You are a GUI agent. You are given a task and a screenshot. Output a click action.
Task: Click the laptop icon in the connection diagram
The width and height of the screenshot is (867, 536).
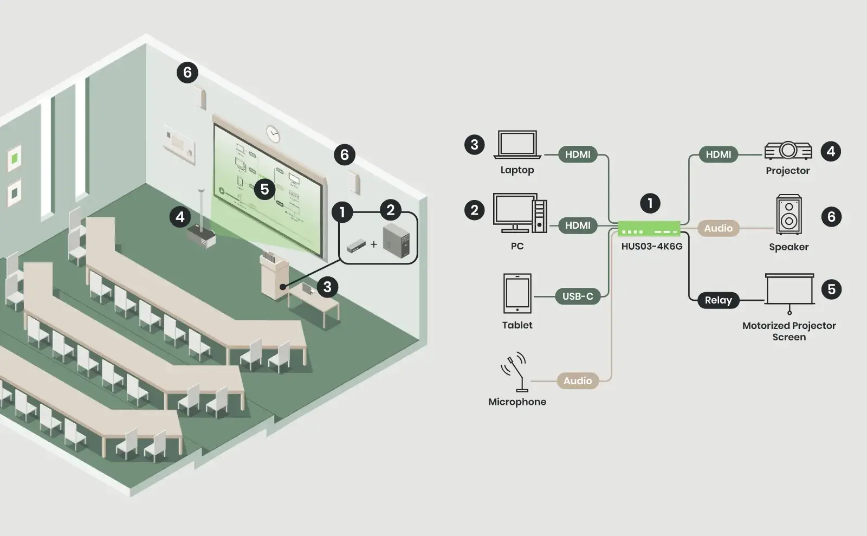(517, 145)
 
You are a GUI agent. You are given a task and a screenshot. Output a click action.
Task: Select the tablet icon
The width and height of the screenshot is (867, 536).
(517, 293)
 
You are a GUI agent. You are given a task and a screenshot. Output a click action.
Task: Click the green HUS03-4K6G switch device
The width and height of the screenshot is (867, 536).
(649, 228)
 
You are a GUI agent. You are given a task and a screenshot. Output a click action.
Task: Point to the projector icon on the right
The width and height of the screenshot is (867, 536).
(788, 151)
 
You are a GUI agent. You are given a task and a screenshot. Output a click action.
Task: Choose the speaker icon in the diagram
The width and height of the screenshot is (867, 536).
(789, 215)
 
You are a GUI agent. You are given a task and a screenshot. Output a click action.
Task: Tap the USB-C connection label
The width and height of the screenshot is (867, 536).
(578, 296)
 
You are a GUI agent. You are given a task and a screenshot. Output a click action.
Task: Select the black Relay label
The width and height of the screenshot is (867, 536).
(719, 300)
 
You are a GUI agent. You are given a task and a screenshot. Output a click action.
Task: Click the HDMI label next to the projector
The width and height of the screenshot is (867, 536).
(719, 154)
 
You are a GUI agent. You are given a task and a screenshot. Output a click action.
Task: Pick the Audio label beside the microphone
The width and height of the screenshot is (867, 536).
(578, 381)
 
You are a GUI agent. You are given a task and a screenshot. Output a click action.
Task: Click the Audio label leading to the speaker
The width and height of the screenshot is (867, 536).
(719, 228)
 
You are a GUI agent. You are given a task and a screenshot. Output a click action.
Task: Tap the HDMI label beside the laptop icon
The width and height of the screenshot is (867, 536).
(578, 154)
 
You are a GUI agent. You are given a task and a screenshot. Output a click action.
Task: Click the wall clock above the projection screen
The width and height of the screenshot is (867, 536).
(273, 134)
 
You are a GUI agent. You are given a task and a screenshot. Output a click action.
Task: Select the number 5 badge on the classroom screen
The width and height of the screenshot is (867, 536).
(265, 189)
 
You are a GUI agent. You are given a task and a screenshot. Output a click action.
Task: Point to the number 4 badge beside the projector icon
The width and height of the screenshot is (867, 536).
(831, 151)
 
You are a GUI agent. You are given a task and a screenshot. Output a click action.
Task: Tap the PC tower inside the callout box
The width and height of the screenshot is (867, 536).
(396, 240)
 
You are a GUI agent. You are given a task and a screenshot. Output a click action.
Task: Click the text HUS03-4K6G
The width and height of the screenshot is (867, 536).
(652, 247)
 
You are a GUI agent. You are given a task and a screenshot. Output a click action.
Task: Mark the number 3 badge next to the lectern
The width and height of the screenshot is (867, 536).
(327, 287)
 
